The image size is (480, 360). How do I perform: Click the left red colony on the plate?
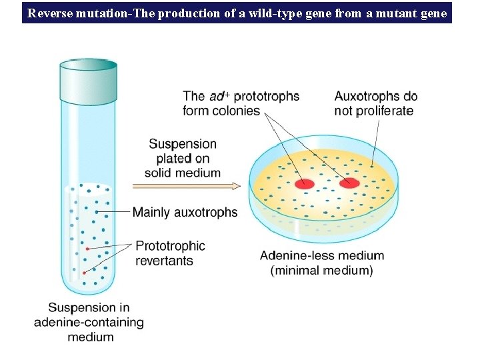[305, 183]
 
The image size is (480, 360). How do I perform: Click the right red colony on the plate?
[349, 183]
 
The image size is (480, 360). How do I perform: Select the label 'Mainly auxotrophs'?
[185, 213]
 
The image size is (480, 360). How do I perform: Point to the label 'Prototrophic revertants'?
[170, 253]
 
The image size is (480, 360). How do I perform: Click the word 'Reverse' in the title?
[52, 12]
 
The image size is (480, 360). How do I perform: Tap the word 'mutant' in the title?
[399, 12]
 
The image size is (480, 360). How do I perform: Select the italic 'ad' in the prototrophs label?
[215, 97]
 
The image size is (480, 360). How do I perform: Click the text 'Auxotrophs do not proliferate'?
[375, 103]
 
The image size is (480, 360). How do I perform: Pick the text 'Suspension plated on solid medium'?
[183, 158]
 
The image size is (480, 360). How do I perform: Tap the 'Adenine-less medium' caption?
[322, 255]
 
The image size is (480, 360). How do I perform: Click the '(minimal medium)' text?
[322, 270]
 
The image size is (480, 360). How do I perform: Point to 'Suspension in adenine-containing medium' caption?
[89, 322]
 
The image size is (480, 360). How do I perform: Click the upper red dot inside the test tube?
[87, 249]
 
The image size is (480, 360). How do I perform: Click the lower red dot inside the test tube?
[84, 273]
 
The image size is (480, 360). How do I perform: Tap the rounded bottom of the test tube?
[88, 288]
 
